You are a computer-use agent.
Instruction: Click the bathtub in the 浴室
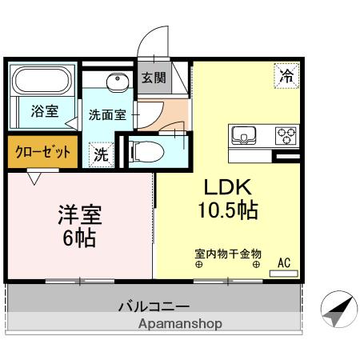pos(42,80)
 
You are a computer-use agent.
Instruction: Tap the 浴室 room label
pos(45,111)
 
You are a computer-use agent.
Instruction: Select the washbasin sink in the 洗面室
pos(118,81)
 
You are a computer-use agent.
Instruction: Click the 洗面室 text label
pos(107,114)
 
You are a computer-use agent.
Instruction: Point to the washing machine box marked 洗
pos(101,154)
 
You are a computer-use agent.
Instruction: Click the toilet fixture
pos(146,152)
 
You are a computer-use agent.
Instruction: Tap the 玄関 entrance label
pos(154,78)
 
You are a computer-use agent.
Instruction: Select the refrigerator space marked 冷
pos(286,76)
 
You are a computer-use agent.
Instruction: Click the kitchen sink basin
pos(244,135)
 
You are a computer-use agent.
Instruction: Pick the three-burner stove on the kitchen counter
pos(286,136)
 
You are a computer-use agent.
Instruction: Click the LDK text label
pos(228,187)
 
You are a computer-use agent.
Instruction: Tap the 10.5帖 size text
pos(228,210)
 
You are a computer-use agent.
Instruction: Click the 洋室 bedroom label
pos(80,214)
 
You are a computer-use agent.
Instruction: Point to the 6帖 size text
pos(79,238)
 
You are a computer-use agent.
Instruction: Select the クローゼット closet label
pos(42,152)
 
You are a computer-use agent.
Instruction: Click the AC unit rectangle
pos(284,274)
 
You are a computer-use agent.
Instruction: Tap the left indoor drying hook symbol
pos(199,265)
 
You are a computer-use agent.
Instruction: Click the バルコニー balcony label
pos(154,307)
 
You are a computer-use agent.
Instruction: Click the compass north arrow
pos(338,310)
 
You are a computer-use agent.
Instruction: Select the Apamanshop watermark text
pos(180,324)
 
